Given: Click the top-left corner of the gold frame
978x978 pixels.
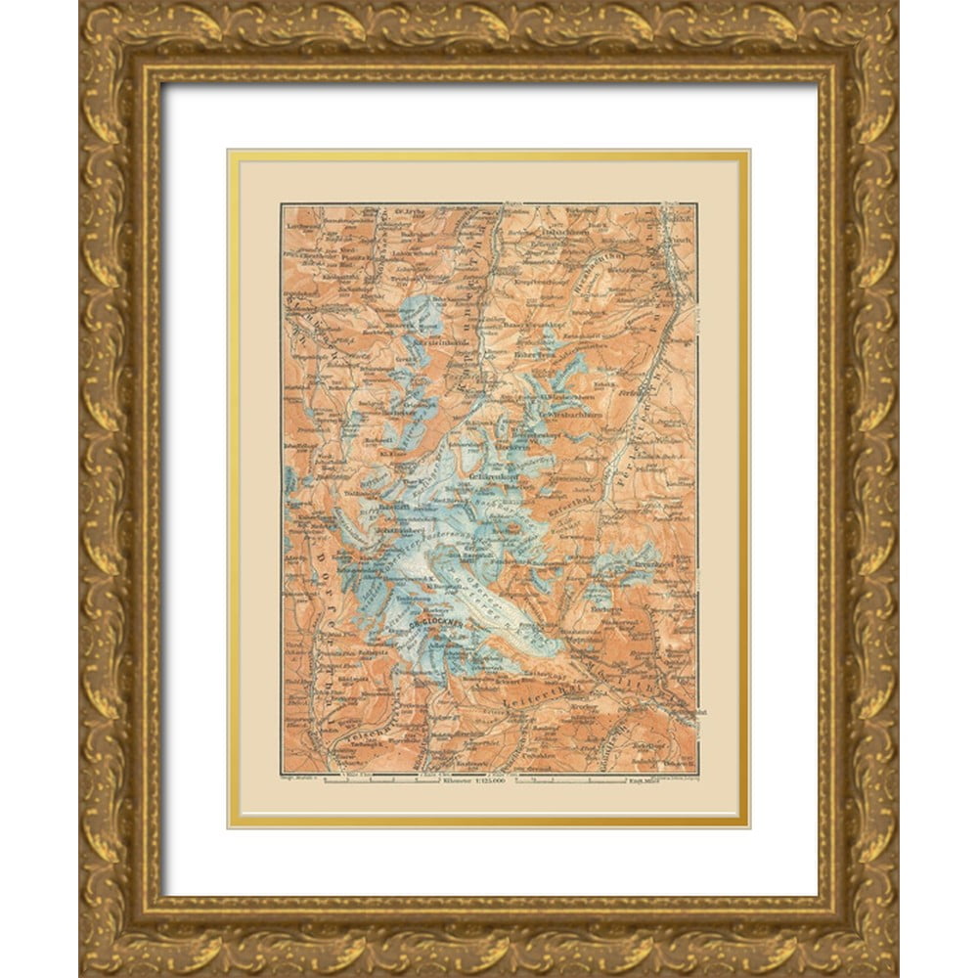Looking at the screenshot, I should tap(82, 4).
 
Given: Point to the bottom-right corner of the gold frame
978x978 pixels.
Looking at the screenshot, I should tap(895, 974).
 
